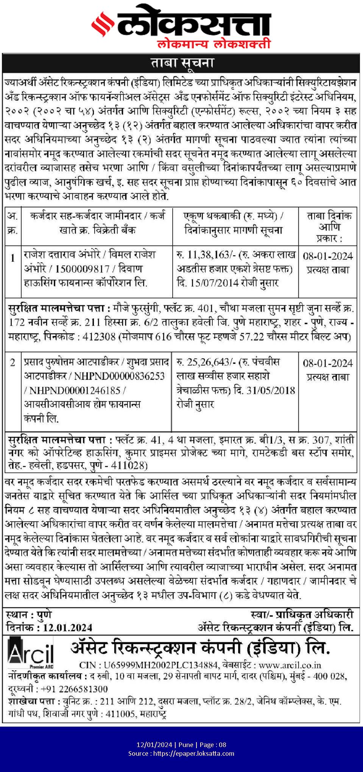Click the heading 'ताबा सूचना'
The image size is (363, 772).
coord(182,63)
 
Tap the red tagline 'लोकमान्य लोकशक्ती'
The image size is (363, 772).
coord(214,43)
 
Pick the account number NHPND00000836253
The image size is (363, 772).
coord(119,376)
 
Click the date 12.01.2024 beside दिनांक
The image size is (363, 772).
coord(67,628)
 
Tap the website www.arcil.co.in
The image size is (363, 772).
coord(290,665)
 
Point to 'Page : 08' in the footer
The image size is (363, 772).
coord(213,744)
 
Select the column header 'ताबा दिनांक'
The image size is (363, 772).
coord(329,216)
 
